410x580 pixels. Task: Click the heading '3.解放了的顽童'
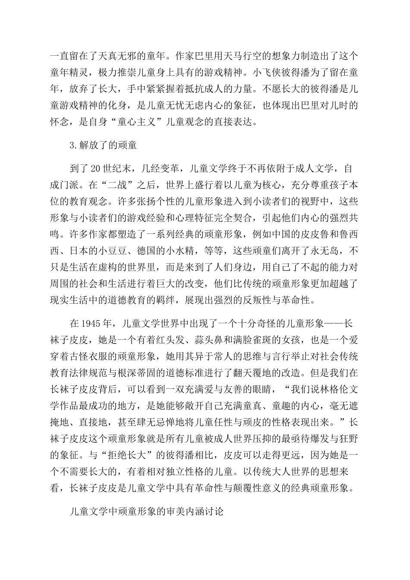103,145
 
